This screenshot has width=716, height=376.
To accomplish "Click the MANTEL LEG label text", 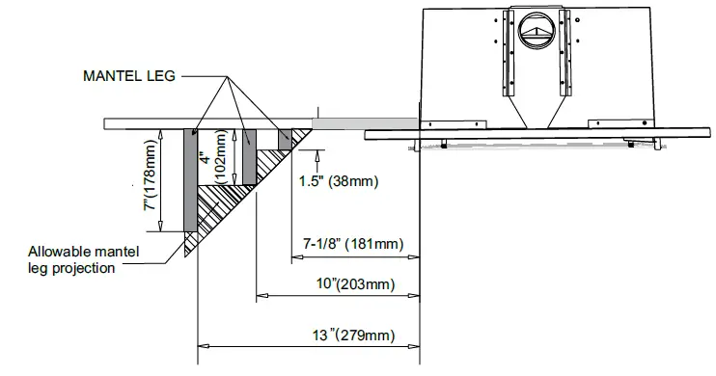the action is (x=129, y=76).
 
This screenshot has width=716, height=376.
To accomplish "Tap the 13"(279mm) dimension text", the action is (x=353, y=336).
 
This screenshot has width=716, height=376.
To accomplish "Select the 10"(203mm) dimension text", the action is (x=356, y=283).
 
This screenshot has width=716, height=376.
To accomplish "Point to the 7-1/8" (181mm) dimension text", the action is (x=353, y=244).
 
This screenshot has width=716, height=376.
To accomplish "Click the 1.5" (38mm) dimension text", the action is (x=339, y=181).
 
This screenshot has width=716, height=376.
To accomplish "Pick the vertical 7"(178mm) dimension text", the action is (x=151, y=175).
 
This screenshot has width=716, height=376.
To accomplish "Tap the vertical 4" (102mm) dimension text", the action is (x=213, y=157).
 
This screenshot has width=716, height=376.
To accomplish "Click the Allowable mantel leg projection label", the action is (x=84, y=259).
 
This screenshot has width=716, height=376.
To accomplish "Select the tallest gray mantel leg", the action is (x=190, y=180).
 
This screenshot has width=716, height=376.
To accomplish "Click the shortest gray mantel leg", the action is (x=285, y=139).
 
